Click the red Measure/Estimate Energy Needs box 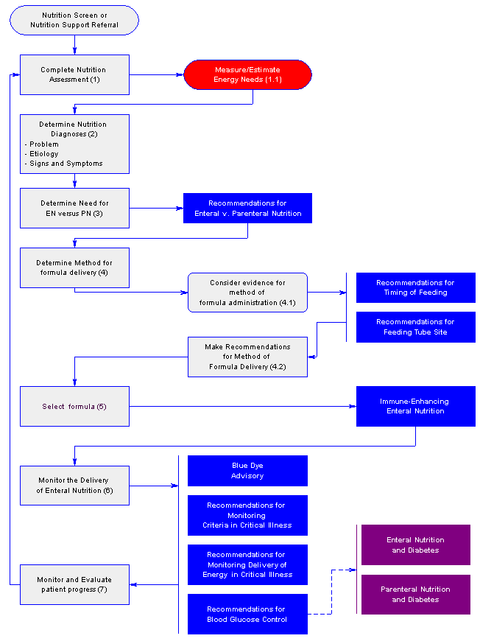tap(247, 74)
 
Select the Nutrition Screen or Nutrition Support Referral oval tap(74, 20)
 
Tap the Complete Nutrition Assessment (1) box tap(74, 74)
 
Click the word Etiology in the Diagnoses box tap(44, 154)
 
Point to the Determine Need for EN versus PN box tap(74, 209)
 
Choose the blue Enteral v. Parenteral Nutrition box tap(247, 209)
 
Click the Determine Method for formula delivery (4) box tap(74, 267)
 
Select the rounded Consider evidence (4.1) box tap(247, 293)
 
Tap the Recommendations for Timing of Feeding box tap(416, 287)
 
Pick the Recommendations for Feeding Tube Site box tap(416, 327)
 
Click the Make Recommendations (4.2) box tap(247, 357)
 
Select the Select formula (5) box tap(74, 406)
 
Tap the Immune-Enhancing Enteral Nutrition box tap(416, 406)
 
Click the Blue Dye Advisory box tap(247, 471)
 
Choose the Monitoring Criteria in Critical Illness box tap(247, 515)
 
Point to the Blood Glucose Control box tap(247, 614)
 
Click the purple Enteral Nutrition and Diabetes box tap(416, 545)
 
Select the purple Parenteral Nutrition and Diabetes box tap(416, 595)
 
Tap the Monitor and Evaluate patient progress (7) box tap(74, 584)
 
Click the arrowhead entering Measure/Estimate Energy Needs tap(180, 74)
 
